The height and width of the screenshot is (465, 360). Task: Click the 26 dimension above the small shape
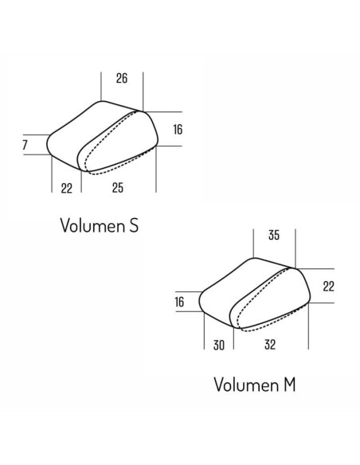pyautogui.click(x=122, y=78)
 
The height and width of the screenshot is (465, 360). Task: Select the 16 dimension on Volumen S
pyautogui.click(x=178, y=129)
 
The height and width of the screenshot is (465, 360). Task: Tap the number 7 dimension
pyautogui.click(x=25, y=145)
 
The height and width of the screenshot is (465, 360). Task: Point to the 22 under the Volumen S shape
pyautogui.click(x=67, y=188)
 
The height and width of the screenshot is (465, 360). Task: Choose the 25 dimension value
pyautogui.click(x=118, y=187)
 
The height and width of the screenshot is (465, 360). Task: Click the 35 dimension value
pyautogui.click(x=274, y=235)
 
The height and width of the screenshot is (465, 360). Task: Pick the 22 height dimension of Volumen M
pyautogui.click(x=329, y=286)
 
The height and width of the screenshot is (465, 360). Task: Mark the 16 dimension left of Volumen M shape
pyautogui.click(x=179, y=302)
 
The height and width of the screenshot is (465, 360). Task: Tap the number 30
pyautogui.click(x=219, y=345)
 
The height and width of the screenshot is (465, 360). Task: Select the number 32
pyautogui.click(x=270, y=344)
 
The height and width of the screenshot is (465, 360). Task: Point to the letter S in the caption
pyautogui.click(x=134, y=225)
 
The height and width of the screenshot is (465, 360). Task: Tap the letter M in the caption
pyautogui.click(x=290, y=385)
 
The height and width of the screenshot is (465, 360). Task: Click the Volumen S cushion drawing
pyautogui.click(x=102, y=137)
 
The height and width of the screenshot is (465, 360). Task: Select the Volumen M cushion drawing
pyautogui.click(x=255, y=294)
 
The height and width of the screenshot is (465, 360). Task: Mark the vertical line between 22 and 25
pyautogui.click(x=81, y=182)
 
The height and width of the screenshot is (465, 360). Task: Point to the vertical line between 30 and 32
pyautogui.click(x=233, y=338)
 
